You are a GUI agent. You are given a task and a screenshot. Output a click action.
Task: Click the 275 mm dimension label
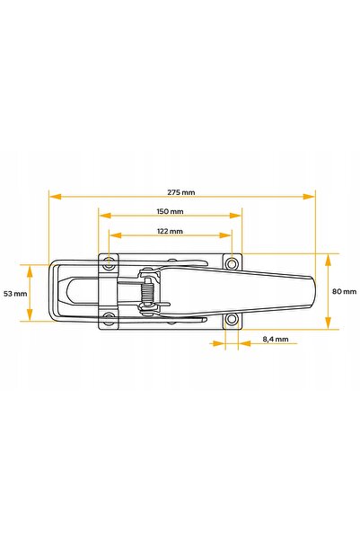[181, 192]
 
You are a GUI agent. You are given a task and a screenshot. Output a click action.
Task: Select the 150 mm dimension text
[170, 211]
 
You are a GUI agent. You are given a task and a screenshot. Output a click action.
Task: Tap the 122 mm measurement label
[170, 231]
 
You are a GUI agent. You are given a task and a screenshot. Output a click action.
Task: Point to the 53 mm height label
[15, 294]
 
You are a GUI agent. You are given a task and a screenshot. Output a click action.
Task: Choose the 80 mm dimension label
[344, 292]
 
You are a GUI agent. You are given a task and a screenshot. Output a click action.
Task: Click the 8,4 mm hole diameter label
[276, 340]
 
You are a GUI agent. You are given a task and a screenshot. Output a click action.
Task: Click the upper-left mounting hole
[110, 265]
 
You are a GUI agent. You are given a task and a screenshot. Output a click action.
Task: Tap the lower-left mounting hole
[110, 317]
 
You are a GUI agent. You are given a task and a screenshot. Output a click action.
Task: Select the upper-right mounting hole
[233, 264]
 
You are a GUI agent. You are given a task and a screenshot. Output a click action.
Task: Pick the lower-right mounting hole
[233, 319]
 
